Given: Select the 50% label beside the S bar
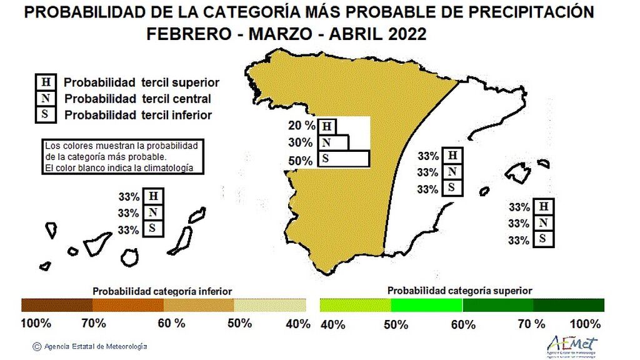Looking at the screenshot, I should tap(301, 161).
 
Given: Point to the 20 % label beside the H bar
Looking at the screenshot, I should tap(301, 124).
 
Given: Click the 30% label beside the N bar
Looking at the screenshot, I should tap(300, 142).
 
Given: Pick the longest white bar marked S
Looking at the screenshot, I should tap(344, 159).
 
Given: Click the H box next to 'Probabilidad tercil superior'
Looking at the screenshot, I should tap(46, 82).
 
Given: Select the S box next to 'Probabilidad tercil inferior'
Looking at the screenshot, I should tap(46, 114).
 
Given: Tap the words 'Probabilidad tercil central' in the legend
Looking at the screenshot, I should tap(137, 99).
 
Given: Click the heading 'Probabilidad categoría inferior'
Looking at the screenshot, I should tap(162, 291).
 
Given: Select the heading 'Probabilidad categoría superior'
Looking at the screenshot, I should tap(459, 291).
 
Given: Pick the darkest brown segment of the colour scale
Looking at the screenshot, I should tap(57, 305).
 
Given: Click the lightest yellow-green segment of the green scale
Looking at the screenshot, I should tap(355, 305).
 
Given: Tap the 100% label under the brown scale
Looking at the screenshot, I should tap(36, 324).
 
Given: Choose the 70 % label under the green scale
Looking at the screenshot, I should tap(531, 324).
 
